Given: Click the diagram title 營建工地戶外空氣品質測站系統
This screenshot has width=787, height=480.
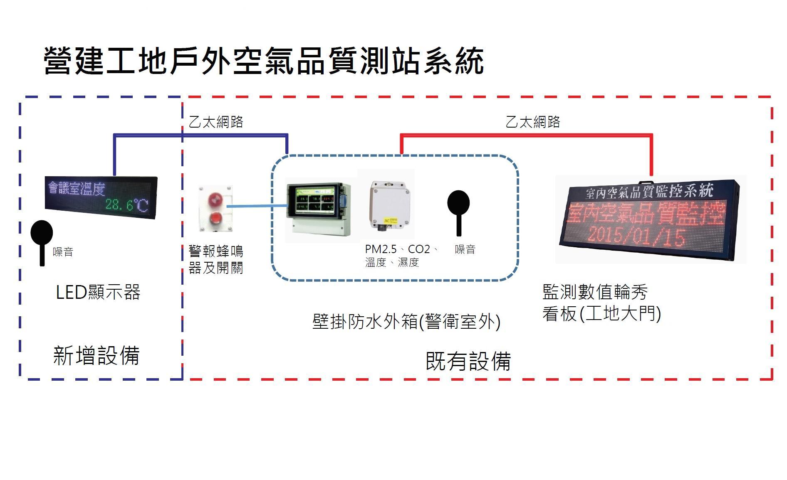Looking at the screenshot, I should point(263,61).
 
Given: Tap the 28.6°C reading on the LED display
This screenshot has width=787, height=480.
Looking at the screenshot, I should point(126,205).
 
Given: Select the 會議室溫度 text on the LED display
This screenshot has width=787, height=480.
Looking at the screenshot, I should point(77,189).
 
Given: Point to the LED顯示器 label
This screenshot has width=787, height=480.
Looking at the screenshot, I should point(98,293).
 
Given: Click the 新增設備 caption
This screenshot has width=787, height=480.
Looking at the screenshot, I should point(96,356).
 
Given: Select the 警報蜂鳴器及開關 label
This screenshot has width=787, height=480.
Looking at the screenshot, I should point(215,259).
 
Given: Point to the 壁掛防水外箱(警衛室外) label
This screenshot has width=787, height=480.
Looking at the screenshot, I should point(406,322).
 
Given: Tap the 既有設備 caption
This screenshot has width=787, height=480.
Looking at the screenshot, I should point(468,361).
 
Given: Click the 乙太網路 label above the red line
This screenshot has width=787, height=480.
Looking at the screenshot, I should point(533,122).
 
